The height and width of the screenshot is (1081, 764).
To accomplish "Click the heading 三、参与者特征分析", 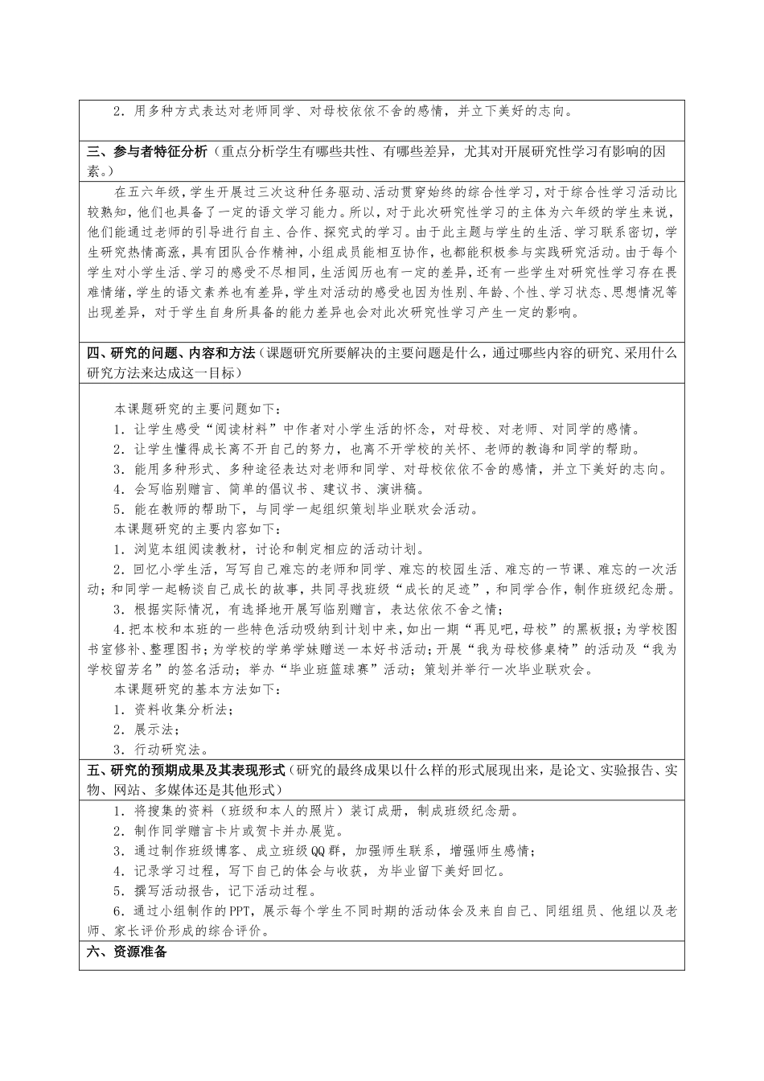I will (146, 151).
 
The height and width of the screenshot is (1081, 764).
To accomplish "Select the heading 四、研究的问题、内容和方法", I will (170, 353).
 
